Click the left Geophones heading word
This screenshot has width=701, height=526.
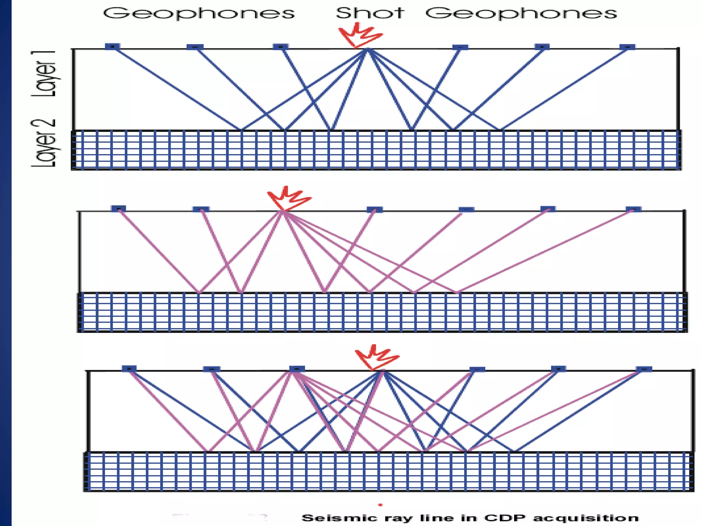pos(199,14)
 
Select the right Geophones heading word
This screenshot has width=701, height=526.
pos(521,14)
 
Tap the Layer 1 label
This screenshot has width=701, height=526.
pos(43,73)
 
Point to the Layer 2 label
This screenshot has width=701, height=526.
pos(43,143)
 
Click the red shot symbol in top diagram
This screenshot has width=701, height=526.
pos(360,35)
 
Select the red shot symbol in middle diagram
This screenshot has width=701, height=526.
pos(289,199)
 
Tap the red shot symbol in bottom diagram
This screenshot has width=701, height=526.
pos(377,357)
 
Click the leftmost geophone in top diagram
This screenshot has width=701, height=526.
pos(112,46)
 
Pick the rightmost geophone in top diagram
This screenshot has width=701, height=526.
pos(627,47)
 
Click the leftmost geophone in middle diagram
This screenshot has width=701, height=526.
pos(118,209)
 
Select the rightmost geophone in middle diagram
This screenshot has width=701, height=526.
pos(633,209)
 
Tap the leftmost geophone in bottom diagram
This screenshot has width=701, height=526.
pos(129,368)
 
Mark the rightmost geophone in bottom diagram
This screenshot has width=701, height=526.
pos(644,369)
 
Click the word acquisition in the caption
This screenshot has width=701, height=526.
pos(586,518)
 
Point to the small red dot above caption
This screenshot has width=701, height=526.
pos(380,505)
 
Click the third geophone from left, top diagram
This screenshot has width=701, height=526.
pos(280,47)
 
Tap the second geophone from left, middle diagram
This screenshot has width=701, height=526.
pos(201,209)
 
